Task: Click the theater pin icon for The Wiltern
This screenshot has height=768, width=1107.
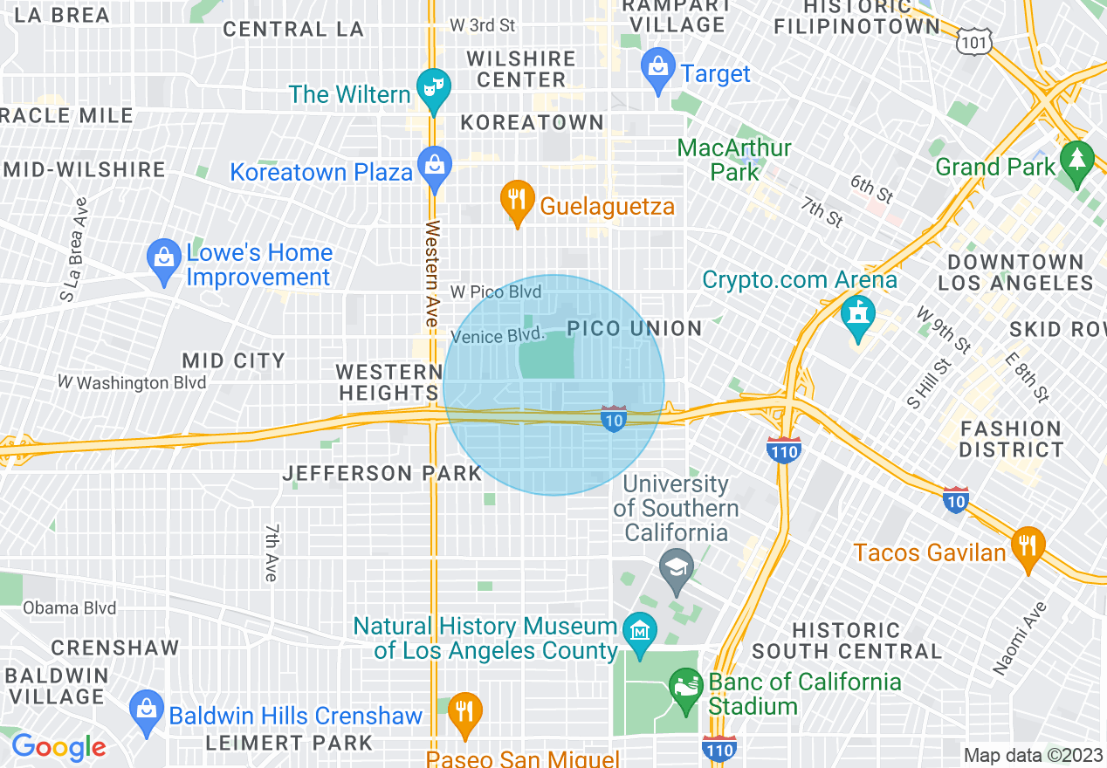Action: pos(430,88)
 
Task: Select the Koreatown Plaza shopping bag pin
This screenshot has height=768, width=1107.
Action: pos(434,165)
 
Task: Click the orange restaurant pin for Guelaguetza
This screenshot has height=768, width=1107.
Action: pos(518,200)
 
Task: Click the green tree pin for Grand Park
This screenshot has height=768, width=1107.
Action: pos(1078,161)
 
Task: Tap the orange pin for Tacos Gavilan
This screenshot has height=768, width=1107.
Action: pos(1028,546)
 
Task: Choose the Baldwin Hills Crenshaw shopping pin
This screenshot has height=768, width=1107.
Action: pos(146,710)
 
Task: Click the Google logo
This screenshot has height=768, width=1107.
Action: pos(58,747)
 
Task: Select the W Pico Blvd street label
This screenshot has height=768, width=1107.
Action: pos(495,291)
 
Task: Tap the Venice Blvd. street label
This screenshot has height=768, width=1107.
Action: pos(498,336)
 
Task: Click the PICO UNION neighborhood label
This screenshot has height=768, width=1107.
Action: pos(635,329)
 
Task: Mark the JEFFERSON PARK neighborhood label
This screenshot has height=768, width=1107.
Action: pos(382,474)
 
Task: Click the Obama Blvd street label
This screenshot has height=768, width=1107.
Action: pos(70,608)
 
